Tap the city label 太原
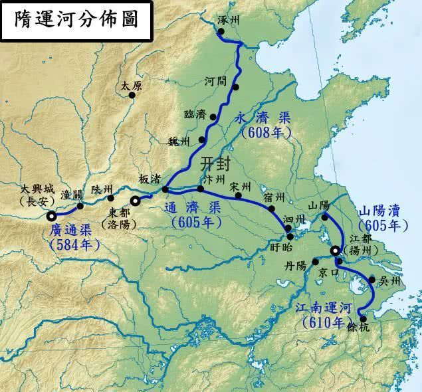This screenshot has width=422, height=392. (x=132, y=86)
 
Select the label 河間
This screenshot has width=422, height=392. (x=217, y=81)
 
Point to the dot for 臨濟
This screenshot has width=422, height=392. (x=213, y=118)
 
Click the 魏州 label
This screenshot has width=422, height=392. (x=179, y=142)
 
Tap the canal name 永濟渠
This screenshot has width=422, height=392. (x=263, y=118)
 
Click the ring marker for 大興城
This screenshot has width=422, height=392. (x=52, y=215)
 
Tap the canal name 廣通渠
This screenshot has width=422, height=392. (x=74, y=231)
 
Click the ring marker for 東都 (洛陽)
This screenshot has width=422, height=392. (x=136, y=200)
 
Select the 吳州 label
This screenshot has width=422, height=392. (x=390, y=281)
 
